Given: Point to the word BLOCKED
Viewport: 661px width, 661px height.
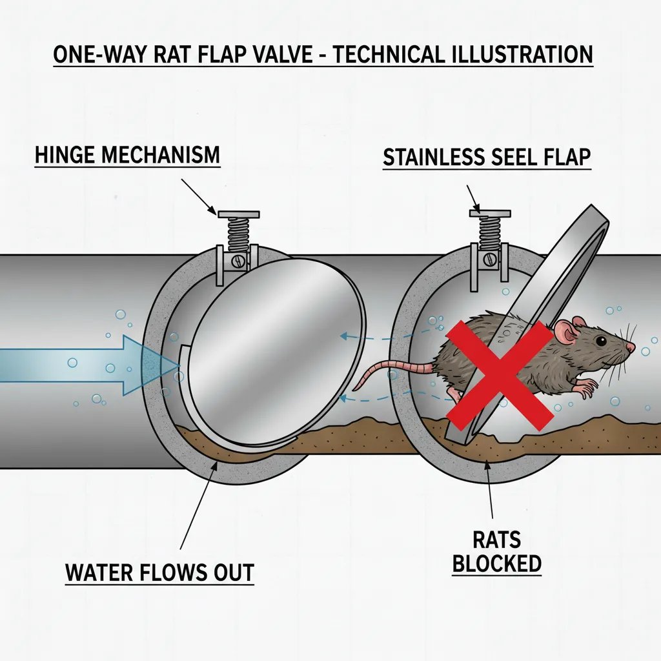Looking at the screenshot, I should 496,563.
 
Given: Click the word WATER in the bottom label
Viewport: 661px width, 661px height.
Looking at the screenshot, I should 104,572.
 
